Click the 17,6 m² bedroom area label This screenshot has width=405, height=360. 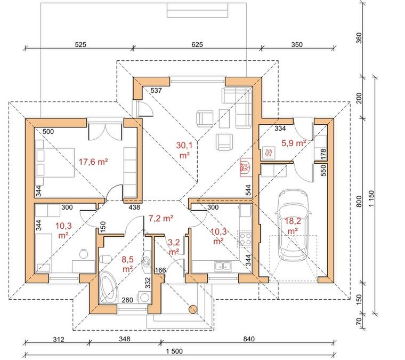pyautogui.click(x=93, y=162)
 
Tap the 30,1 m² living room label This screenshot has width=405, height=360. pyautogui.click(x=184, y=150)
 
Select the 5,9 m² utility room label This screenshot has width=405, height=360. pyautogui.click(x=294, y=142)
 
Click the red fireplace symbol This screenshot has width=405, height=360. pyautogui.click(x=246, y=167)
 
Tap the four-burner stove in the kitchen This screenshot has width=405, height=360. pyautogui.click(x=245, y=238)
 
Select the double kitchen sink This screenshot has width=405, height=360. pyautogui.click(x=223, y=266)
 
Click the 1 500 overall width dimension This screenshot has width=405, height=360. pyautogui.click(x=174, y=351)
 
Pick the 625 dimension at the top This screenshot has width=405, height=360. pyautogui.click(x=197, y=44)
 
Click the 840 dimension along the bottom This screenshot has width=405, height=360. pyautogui.click(x=249, y=339)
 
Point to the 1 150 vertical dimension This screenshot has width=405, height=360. pyautogui.click(x=371, y=198)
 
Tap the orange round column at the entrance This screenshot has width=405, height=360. pyautogui.click(x=193, y=309)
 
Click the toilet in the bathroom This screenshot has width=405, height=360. pyautogui.click(x=105, y=259)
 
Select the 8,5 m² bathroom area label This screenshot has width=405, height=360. pyautogui.click(x=127, y=264)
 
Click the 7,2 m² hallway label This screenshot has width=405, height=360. pyautogui.click(x=160, y=218)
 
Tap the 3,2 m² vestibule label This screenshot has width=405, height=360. pyautogui.click(x=174, y=247)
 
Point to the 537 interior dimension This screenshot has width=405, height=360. pyautogui.click(x=156, y=91)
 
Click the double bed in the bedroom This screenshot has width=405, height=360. pyautogui.click(x=55, y=162)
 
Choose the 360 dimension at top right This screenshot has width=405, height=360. pyautogui.click(x=359, y=38)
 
